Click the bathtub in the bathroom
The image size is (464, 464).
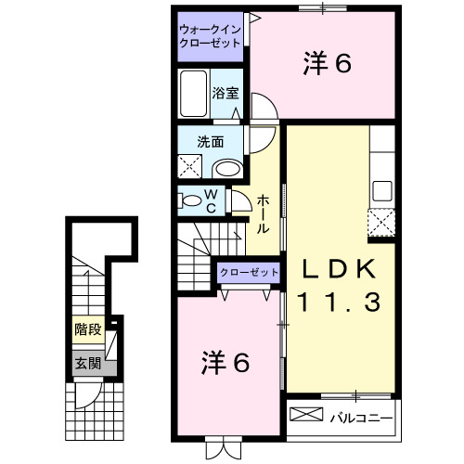click(193, 95)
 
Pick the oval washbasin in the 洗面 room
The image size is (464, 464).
click(225, 168)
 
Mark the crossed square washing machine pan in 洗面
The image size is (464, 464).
click(192, 167)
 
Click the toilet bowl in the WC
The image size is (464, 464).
click(191, 200)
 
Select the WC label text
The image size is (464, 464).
click(213, 200)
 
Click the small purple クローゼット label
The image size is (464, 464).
click(248, 273)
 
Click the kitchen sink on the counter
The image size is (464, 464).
click(382, 193)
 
